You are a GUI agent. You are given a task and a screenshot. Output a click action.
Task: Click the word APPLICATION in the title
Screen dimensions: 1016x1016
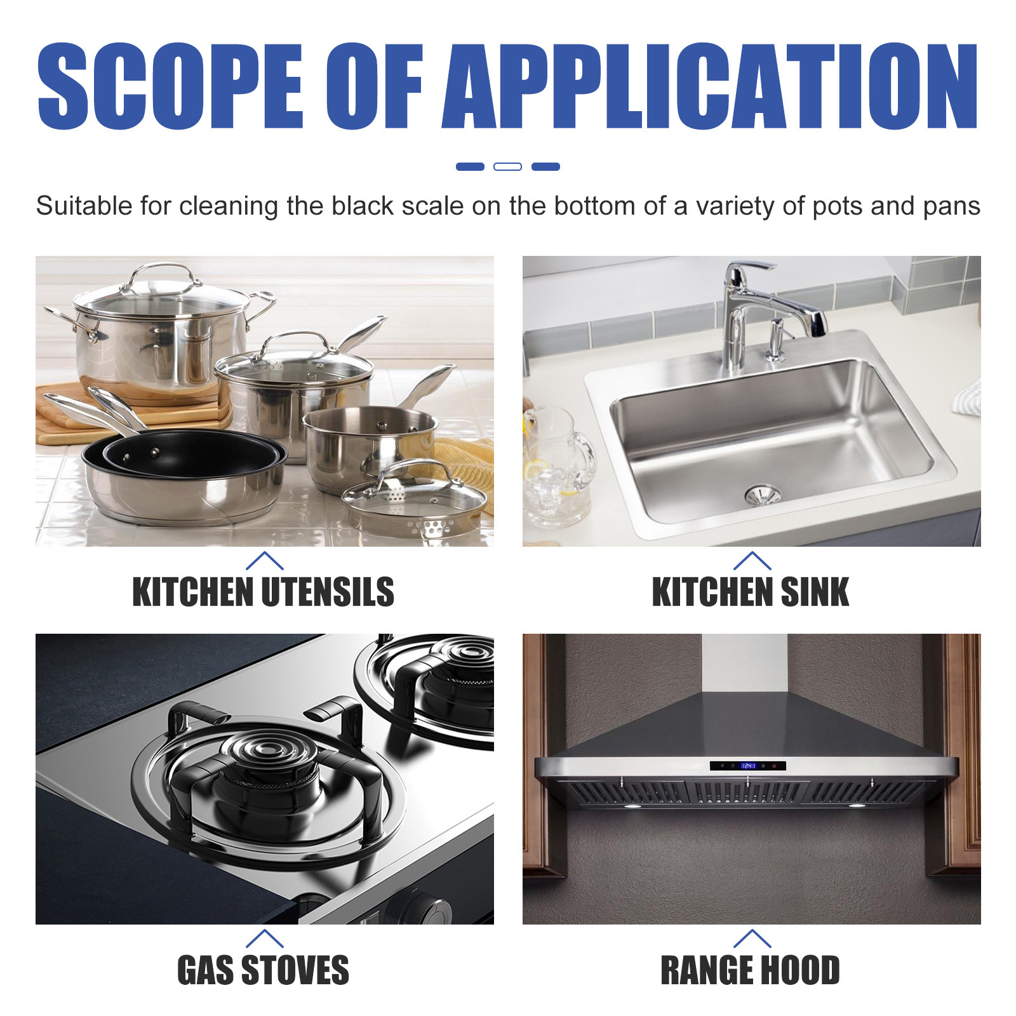click(710, 86)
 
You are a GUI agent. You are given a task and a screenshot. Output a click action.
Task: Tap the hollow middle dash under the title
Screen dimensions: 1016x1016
click(507, 166)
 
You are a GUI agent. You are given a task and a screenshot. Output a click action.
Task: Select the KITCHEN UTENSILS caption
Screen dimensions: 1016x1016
click(263, 592)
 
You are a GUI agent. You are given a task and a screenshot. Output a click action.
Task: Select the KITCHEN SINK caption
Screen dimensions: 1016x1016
click(751, 592)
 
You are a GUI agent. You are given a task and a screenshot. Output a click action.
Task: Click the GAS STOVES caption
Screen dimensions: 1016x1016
click(263, 970)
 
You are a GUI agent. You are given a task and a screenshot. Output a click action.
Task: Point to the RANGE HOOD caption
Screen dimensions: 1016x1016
click(751, 970)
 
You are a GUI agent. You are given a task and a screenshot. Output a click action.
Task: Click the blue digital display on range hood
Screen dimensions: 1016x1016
click(749, 766)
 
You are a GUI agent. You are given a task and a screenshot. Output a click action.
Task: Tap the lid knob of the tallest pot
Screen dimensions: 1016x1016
click(164, 270)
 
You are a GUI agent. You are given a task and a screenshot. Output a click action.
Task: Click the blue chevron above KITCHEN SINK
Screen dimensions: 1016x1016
click(752, 560)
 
